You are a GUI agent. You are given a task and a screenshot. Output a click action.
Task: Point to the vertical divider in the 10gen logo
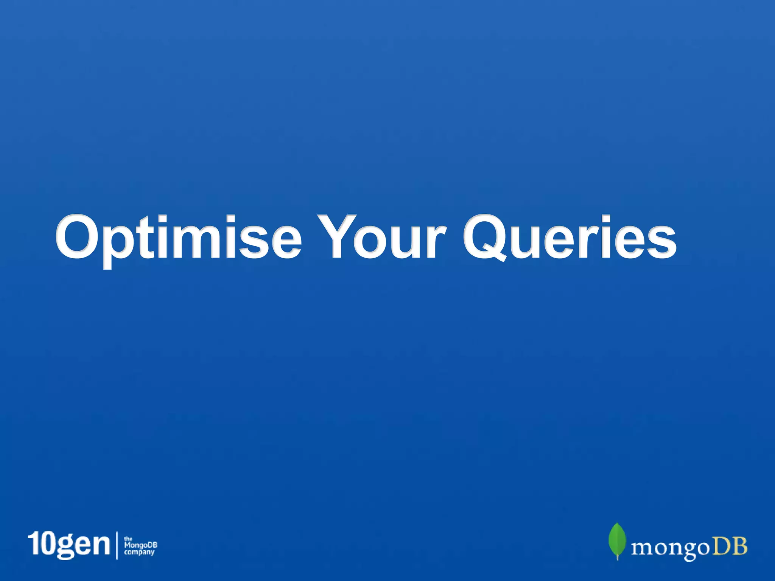pos(116,545)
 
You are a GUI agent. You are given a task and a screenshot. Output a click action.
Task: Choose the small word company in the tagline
pos(139,553)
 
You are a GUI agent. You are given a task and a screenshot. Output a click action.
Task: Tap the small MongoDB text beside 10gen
pos(140,545)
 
